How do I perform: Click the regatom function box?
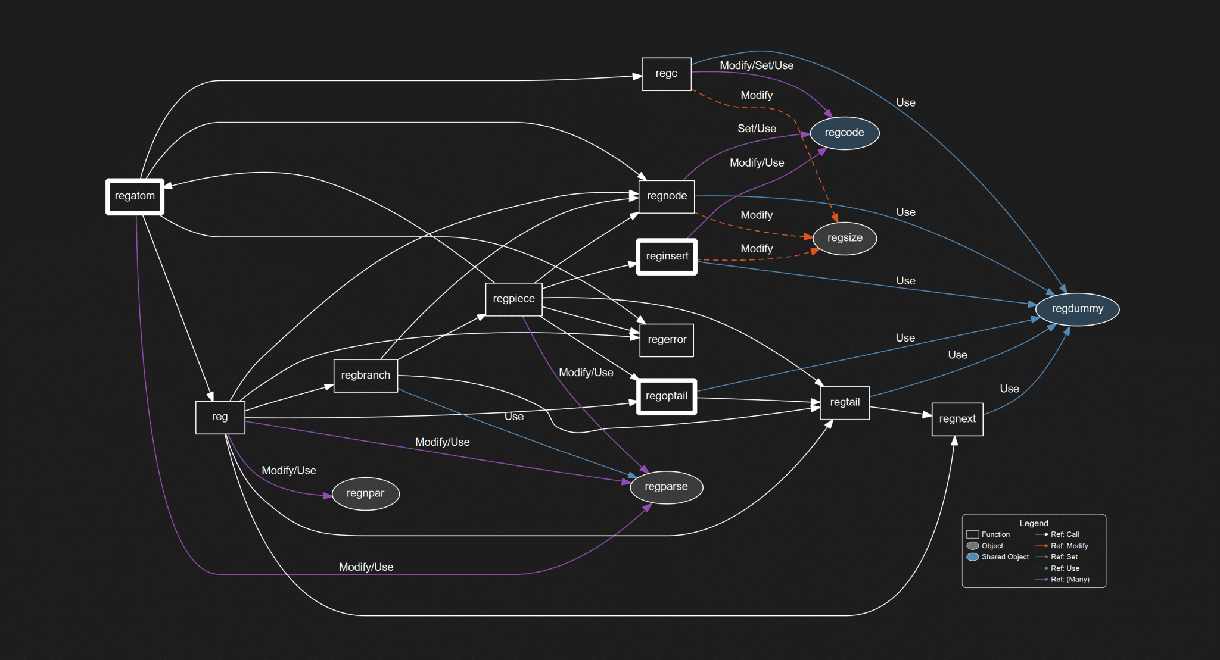[135, 196]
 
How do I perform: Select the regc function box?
[666, 74]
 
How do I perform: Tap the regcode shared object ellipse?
[844, 133]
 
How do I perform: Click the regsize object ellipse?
[844, 238]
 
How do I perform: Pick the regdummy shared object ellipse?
[1077, 309]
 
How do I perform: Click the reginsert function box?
[667, 257]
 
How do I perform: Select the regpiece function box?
[513, 299]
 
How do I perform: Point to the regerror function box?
[667, 340]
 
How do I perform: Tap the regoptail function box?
[666, 396]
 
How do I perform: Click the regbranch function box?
[365, 376]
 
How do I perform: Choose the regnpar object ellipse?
[365, 493]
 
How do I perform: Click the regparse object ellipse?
[666, 487]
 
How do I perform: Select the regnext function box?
[957, 419]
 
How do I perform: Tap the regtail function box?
[844, 403]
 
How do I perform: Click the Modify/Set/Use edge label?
[756, 65]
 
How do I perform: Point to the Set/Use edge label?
[756, 129]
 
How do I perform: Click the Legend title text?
[1034, 523]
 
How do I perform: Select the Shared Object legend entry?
[1004, 557]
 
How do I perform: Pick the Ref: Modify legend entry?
[1069, 546]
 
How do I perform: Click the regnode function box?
[667, 196]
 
